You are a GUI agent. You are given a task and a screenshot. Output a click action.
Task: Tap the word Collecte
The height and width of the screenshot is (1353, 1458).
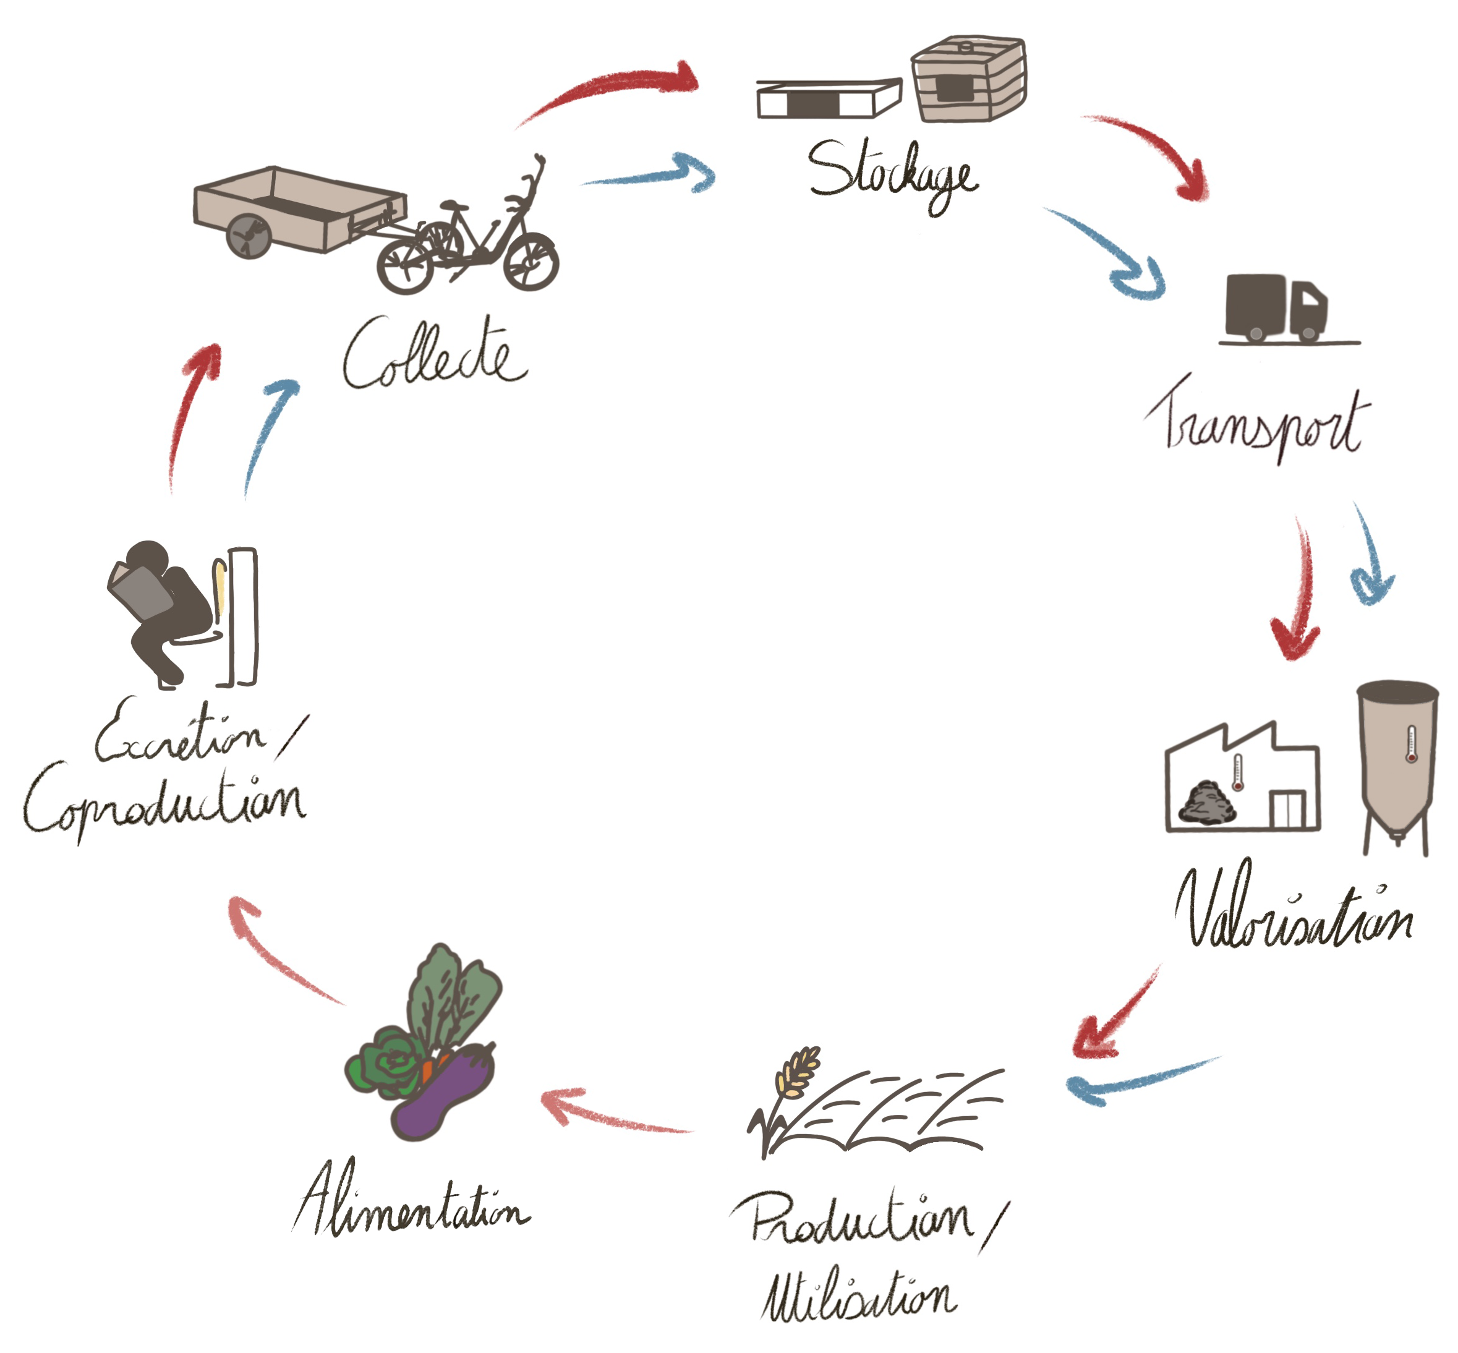tap(435, 354)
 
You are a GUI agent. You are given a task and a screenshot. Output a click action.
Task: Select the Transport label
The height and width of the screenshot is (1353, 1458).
tap(1256, 421)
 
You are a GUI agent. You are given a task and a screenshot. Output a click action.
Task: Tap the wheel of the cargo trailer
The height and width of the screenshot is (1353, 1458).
tap(249, 236)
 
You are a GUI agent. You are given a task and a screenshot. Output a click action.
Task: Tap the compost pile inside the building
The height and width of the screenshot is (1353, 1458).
tap(1208, 803)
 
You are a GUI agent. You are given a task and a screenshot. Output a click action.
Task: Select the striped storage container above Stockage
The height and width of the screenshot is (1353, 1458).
tap(968, 79)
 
